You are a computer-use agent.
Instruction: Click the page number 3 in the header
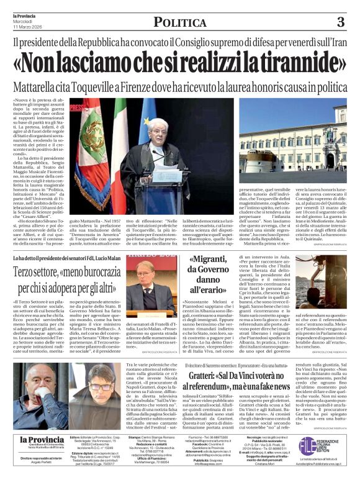[340, 22]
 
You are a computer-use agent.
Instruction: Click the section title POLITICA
[180, 23]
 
